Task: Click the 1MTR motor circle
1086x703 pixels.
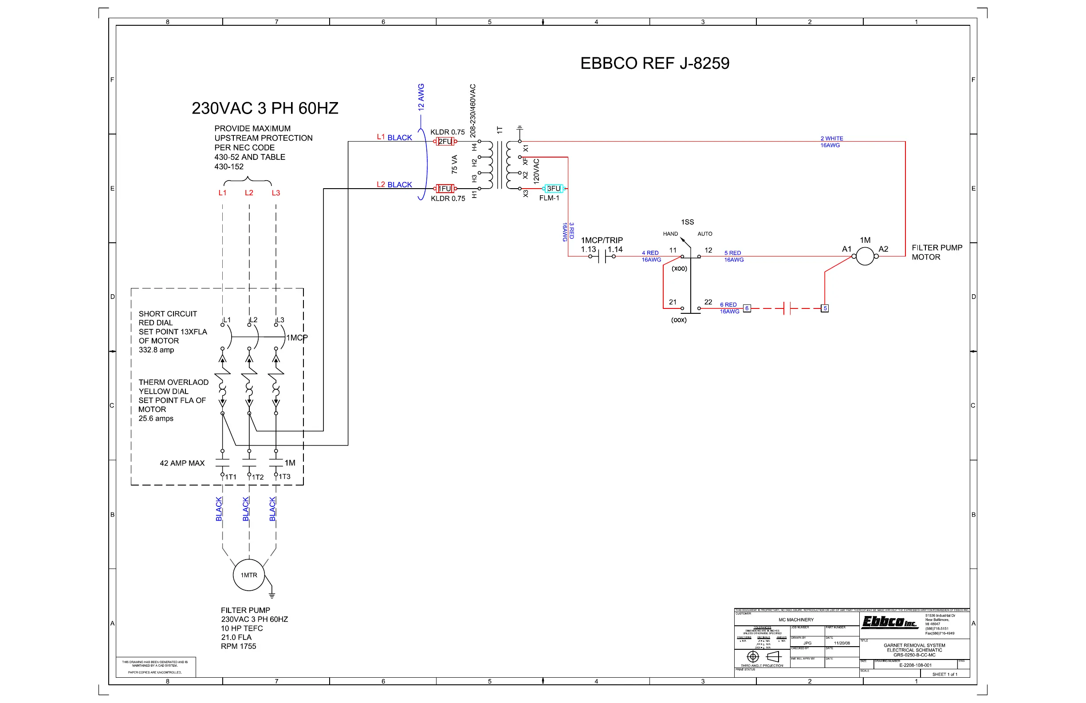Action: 249,575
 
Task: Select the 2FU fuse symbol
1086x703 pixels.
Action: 445,142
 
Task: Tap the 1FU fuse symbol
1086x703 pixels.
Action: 445,189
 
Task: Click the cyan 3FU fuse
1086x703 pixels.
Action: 554,189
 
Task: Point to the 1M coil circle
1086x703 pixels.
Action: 865,256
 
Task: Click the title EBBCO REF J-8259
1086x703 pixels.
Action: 655,63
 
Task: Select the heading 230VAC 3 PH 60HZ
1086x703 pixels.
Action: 265,109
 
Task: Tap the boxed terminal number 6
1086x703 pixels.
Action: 747,308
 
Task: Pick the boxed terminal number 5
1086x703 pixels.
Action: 825,308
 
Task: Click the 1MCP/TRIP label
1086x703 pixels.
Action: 602,240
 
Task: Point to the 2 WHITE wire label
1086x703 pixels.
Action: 832,138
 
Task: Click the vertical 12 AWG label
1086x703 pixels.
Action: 421,97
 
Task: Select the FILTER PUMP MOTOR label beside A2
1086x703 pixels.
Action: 937,253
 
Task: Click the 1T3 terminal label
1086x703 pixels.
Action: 284,477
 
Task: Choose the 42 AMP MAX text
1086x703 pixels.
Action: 182,463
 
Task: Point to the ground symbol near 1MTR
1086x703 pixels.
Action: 272,595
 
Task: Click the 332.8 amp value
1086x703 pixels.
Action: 156,350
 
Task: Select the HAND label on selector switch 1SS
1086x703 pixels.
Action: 670,234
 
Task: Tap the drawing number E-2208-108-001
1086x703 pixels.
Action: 915,665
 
